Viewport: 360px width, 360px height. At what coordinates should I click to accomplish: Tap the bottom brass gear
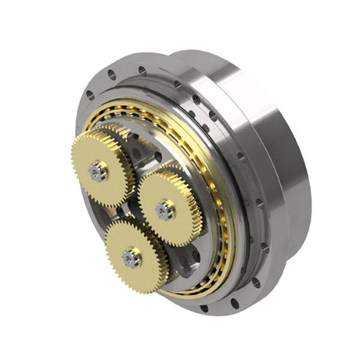coord(132,252)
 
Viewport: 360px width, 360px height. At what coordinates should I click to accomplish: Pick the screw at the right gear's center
coord(163,210)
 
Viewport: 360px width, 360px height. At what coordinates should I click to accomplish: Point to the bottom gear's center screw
coord(130,256)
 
